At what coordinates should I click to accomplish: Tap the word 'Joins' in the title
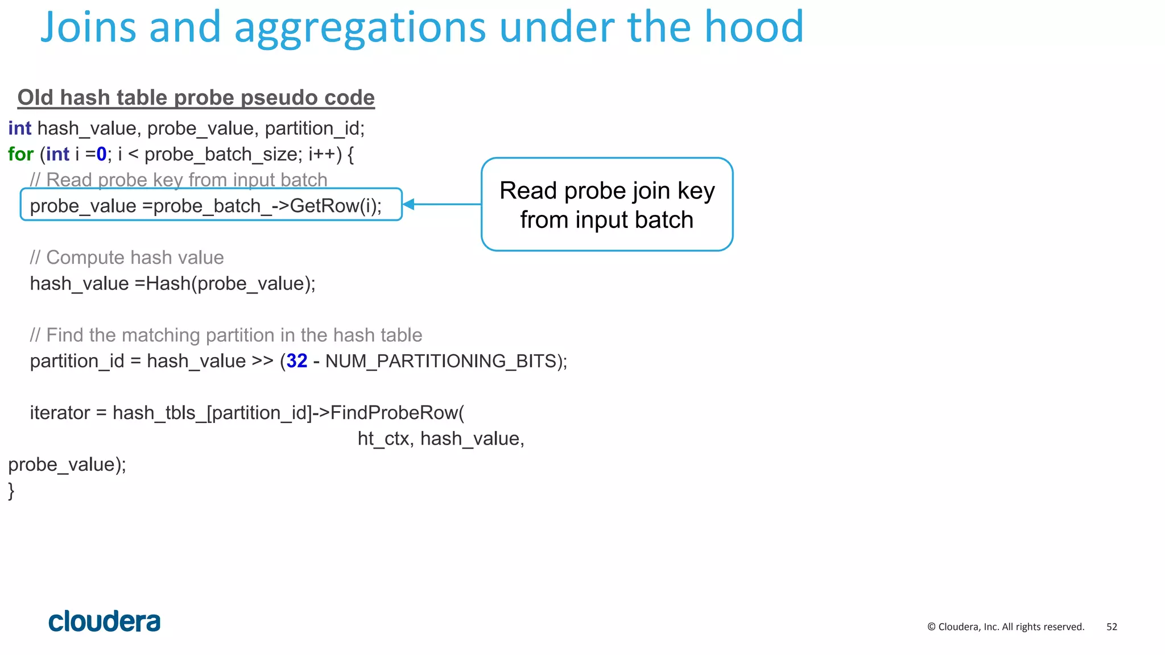point(88,27)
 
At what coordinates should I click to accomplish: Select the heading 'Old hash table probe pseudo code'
point(196,98)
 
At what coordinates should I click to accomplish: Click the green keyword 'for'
point(21,154)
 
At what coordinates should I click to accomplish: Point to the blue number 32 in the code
point(297,361)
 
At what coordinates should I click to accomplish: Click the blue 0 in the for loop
point(101,154)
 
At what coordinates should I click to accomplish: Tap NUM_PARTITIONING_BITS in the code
point(441,361)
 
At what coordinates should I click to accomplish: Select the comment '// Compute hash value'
point(127,258)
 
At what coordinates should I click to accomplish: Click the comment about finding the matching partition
point(226,335)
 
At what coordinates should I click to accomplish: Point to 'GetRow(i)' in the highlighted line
point(336,206)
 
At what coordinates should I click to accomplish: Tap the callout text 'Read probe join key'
point(607,191)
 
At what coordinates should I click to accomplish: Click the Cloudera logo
point(105,621)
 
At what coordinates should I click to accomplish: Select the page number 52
point(1112,627)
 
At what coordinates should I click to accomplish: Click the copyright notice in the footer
point(1006,627)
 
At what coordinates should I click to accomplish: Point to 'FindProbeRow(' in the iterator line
point(397,413)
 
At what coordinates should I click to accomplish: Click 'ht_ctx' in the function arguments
point(383,439)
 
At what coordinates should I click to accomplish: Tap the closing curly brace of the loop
point(11,490)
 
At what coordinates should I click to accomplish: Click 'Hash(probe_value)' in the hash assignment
point(230,284)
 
